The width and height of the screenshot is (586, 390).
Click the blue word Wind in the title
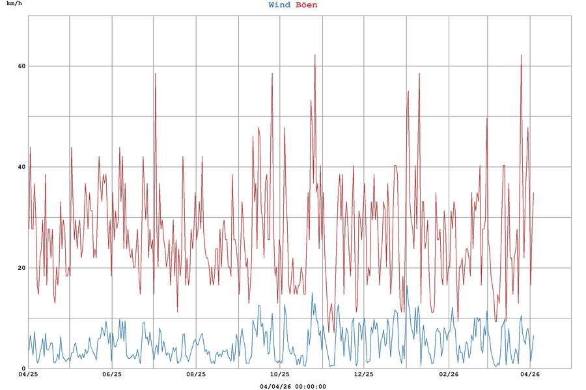click(x=279, y=5)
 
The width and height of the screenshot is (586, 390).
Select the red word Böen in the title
click(x=307, y=5)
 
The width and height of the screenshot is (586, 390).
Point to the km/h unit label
click(x=14, y=4)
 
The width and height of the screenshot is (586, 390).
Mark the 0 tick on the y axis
click(x=24, y=369)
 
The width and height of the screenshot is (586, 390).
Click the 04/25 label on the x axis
click(x=28, y=374)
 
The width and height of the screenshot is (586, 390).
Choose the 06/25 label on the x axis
click(x=112, y=374)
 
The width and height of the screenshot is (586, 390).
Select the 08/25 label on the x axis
click(x=196, y=374)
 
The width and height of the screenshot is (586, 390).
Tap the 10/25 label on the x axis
click(x=280, y=374)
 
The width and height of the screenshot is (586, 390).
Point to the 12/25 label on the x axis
click(x=363, y=374)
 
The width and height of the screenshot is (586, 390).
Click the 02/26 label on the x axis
click(x=447, y=374)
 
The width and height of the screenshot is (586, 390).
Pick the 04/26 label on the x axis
click(x=531, y=374)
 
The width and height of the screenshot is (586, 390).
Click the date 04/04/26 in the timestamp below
click(x=276, y=386)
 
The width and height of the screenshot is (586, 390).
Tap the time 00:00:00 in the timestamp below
click(x=311, y=386)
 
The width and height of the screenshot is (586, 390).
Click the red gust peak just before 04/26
click(x=521, y=56)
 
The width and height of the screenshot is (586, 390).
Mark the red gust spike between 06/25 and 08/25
click(x=156, y=74)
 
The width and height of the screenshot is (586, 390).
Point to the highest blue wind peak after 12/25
click(x=407, y=286)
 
